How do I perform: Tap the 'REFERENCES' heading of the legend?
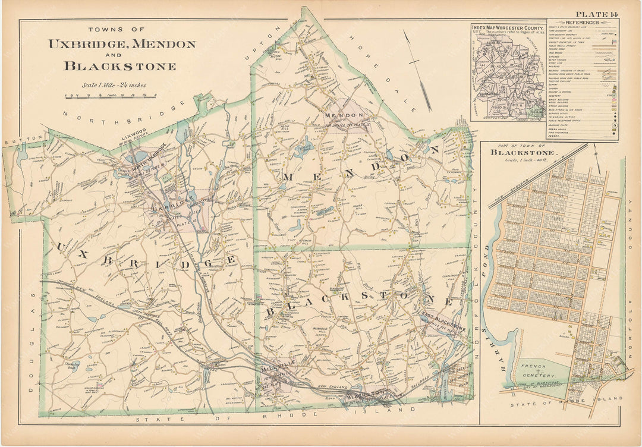(x=583, y=22)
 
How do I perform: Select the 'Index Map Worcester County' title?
(x=506, y=27)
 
